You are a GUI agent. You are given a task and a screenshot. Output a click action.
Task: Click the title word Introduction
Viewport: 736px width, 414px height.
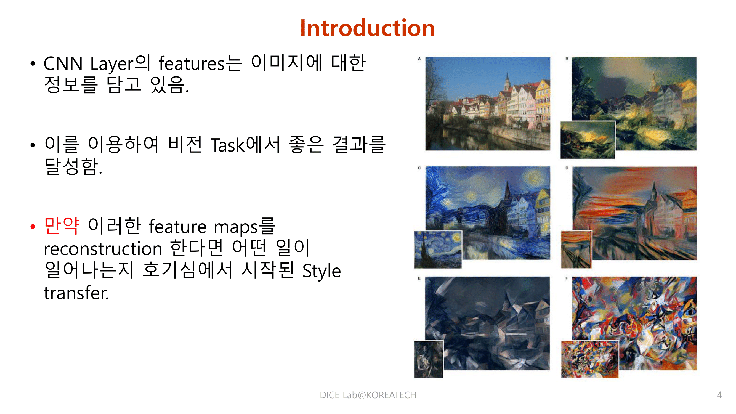point(367,28)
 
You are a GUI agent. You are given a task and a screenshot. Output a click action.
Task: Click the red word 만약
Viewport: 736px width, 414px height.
point(62,226)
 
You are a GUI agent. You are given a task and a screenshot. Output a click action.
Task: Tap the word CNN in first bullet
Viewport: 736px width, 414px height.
point(63,63)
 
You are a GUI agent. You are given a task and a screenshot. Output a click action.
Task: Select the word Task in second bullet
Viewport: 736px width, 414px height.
point(227,145)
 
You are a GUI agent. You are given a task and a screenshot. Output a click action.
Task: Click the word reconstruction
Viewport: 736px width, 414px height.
point(103,249)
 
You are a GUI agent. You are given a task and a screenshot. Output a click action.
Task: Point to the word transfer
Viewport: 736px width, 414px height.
point(76,293)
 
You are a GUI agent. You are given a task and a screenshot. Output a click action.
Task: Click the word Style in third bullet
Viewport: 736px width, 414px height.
point(321,271)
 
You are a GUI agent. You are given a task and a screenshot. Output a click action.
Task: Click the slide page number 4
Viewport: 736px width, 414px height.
point(719,395)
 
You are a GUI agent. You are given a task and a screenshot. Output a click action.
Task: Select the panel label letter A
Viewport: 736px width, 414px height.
point(419,59)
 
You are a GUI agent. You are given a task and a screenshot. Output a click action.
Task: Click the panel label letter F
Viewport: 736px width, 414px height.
point(566,278)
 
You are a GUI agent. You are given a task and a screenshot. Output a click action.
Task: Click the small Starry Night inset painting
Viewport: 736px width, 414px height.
point(438,250)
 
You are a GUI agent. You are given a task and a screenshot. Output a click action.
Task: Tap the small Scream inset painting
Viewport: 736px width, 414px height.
point(576,250)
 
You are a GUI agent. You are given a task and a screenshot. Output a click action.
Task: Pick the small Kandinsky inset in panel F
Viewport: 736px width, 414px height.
point(589,359)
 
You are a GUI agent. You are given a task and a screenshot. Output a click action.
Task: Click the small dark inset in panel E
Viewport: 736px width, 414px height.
point(428,359)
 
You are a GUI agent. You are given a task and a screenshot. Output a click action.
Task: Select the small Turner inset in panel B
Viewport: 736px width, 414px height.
point(588,140)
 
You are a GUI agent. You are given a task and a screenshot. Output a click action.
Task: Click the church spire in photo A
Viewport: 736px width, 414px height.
point(507,80)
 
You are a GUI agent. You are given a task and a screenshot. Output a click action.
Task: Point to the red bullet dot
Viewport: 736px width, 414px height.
point(33,227)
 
